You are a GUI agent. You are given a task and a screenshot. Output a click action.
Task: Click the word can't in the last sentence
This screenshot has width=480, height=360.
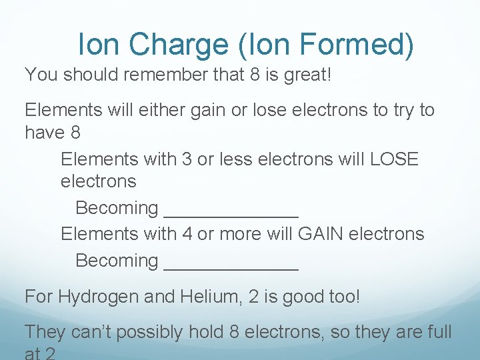[91, 331]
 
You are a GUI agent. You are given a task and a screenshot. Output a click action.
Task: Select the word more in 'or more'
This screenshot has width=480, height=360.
[241, 234]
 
